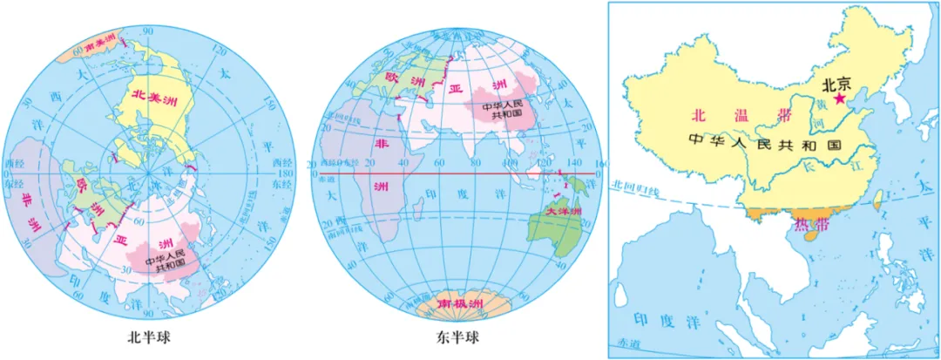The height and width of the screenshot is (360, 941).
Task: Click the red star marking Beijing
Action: point(840,100)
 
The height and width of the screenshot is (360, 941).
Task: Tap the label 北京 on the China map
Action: point(841,85)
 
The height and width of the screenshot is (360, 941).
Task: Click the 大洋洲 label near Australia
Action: point(561,211)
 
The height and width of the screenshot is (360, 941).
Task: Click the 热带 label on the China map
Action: point(806,228)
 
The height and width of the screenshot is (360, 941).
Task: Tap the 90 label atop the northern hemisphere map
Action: point(148,31)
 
